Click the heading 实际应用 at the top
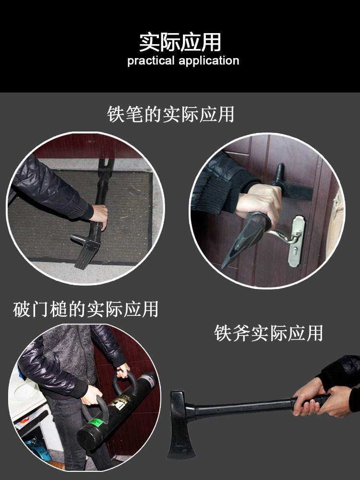[x=180, y=42]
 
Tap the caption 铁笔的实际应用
[x=170, y=115]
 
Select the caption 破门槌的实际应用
[x=85, y=310]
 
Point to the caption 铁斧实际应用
[x=268, y=333]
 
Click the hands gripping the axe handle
[x=312, y=398]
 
